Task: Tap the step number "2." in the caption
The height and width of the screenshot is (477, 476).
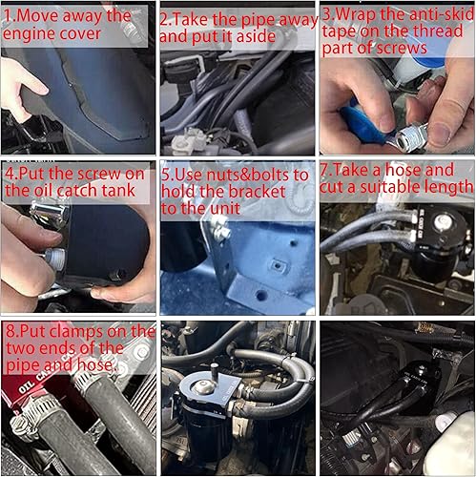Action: tap(167, 18)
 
